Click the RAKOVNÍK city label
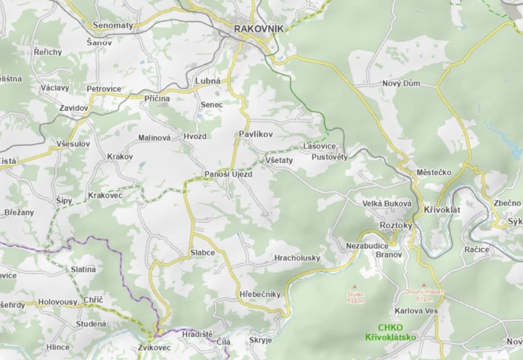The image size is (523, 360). (259, 29)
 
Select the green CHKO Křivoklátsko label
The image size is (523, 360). (390, 332)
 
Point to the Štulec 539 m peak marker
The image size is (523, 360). (355, 286)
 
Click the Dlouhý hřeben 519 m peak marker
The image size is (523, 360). (424, 285)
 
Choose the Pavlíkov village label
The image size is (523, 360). (256, 134)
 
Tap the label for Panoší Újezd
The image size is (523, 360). (228, 174)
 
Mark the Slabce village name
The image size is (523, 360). (202, 253)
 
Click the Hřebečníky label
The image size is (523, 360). (260, 294)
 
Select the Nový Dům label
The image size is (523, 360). (401, 83)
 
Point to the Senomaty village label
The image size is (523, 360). (113, 26)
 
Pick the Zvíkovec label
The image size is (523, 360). (154, 347)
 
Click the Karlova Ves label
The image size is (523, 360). (416, 310)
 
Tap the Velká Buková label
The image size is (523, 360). (387, 204)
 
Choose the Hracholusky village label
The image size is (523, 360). (297, 258)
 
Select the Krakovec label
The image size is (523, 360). (105, 195)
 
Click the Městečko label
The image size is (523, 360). (434, 172)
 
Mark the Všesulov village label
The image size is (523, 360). (73, 144)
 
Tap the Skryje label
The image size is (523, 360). (260, 340)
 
